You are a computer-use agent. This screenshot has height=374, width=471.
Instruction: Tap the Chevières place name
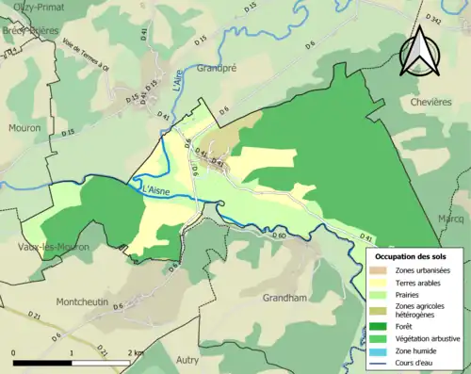pyautogui.click(x=431, y=101)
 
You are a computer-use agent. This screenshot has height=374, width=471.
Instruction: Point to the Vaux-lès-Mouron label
pyautogui.click(x=53, y=247)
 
